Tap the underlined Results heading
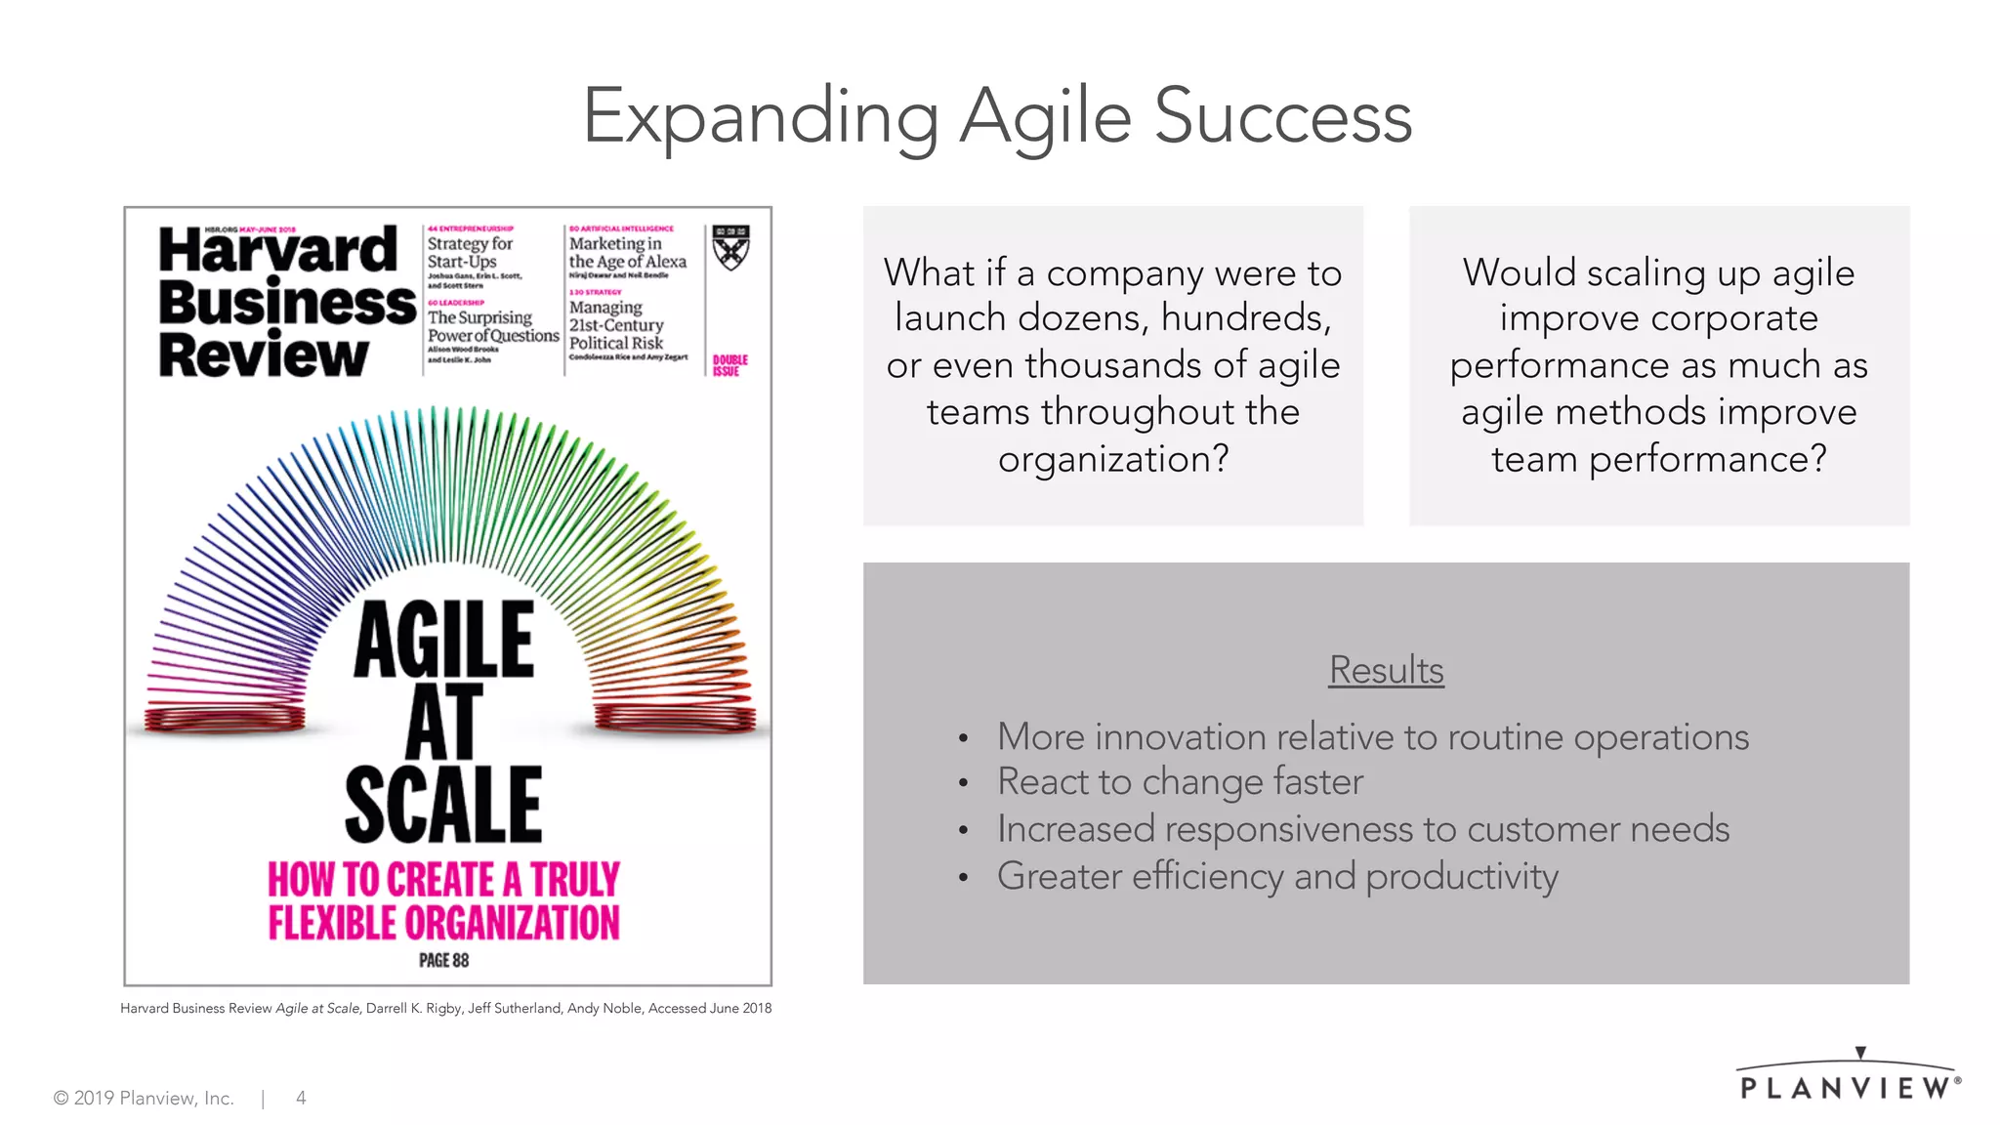[1386, 671]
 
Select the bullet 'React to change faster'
[1179, 782]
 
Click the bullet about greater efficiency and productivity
[1276, 876]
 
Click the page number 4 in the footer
[301, 1098]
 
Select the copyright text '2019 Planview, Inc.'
[153, 1098]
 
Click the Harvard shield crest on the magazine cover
[730, 247]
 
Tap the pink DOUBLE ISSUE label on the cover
[729, 365]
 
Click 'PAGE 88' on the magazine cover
[443, 960]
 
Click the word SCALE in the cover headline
[443, 805]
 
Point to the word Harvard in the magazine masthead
[277, 250]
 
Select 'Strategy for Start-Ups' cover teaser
[470, 252]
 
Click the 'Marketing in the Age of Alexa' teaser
[627, 252]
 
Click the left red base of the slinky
[225, 721]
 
